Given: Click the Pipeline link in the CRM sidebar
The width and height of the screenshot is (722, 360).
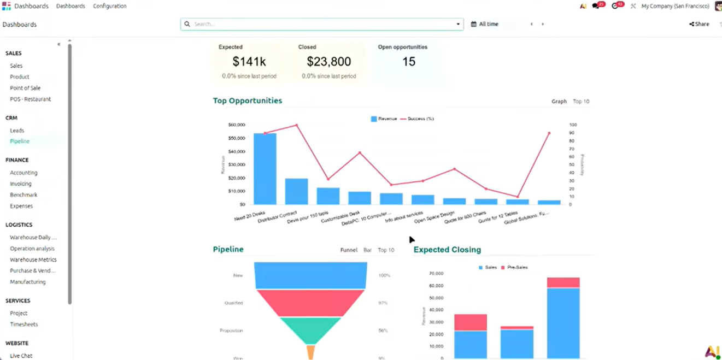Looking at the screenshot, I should coord(20,141).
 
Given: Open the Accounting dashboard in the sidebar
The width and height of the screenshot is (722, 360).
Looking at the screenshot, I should coord(24,173).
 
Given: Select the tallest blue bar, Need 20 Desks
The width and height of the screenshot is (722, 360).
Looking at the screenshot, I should coord(265,169).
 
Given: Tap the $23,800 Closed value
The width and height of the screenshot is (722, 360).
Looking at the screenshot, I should coord(328,62).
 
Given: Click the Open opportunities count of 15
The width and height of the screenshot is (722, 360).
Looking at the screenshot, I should coord(409,62).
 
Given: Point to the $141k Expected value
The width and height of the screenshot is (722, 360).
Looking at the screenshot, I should coord(249,62).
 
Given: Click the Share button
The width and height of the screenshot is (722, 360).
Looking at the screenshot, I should coord(699,24).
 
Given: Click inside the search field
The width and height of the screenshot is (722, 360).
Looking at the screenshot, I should coord(322,24).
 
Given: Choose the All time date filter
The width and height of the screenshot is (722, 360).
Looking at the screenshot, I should coord(485,24).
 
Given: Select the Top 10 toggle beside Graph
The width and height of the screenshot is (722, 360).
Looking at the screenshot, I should coord(581,102).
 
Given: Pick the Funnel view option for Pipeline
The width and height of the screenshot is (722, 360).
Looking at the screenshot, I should coord(349,250).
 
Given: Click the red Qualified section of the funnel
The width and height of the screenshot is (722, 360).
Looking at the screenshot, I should coord(310,303).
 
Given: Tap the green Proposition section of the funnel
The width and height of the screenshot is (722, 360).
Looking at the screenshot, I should coord(310,329).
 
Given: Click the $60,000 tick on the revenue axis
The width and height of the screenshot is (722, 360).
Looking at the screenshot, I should coord(237,125).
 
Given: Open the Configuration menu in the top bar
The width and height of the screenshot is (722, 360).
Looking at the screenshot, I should coord(109,6).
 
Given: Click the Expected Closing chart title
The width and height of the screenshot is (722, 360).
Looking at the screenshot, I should coord(447,250).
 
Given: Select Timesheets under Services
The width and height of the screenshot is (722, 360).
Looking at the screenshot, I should coord(24,324).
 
